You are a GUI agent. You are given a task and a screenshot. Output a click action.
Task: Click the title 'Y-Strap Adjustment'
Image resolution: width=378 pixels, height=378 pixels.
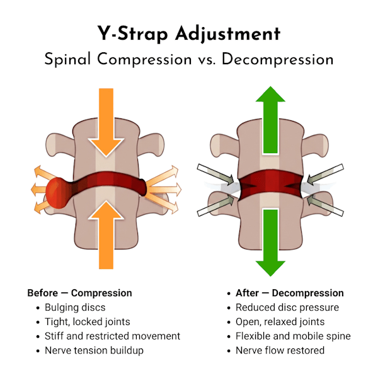[189, 33]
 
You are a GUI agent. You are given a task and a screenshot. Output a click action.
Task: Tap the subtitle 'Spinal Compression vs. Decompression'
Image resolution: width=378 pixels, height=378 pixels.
[189, 59]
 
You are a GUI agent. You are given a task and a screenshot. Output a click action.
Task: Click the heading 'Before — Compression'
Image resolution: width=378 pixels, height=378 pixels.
[79, 293]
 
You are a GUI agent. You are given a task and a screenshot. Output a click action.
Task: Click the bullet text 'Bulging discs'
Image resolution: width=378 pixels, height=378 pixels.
[74, 307]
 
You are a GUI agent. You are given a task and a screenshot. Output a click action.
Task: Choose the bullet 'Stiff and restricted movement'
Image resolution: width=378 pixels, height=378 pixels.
[112, 336]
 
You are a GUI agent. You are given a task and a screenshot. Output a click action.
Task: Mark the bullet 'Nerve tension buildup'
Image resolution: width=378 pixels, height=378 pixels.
[94, 350]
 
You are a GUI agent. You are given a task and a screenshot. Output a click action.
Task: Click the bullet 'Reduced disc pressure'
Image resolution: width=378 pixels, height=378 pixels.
[287, 307]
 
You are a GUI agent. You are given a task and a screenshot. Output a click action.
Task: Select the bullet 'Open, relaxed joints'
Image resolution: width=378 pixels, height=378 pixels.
[282, 322]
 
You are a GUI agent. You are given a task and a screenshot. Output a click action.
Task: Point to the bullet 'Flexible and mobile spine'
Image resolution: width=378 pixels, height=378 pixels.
[293, 336]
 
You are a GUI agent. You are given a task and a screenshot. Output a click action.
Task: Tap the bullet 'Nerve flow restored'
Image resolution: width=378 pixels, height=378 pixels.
[280, 350]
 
